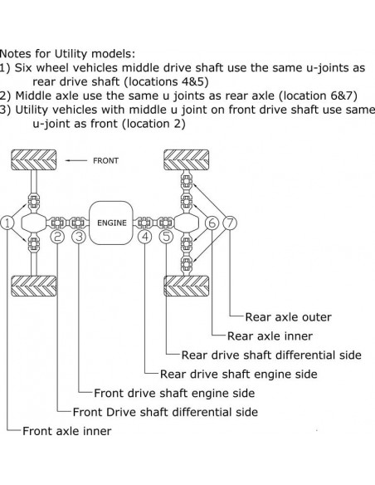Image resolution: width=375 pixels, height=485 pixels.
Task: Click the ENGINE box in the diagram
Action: coord(112,223)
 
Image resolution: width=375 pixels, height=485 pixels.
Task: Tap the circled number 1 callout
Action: coord(7,223)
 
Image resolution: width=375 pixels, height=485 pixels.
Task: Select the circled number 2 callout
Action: coord(57,237)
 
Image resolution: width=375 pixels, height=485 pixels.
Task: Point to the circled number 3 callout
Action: coord(79,237)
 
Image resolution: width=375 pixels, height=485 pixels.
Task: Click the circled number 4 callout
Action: coord(145,237)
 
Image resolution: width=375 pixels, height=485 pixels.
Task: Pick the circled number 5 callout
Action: coord(167,237)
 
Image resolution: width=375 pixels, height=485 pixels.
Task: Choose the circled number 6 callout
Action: coord(212,223)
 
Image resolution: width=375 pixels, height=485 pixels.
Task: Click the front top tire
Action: coord(32,159)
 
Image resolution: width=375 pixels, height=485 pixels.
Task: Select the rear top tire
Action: coord(187,159)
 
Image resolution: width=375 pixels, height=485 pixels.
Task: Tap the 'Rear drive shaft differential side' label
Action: coord(271,355)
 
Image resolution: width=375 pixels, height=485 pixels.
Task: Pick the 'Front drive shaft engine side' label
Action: coord(174,393)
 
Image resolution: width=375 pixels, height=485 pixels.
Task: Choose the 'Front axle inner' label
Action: coord(66,431)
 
